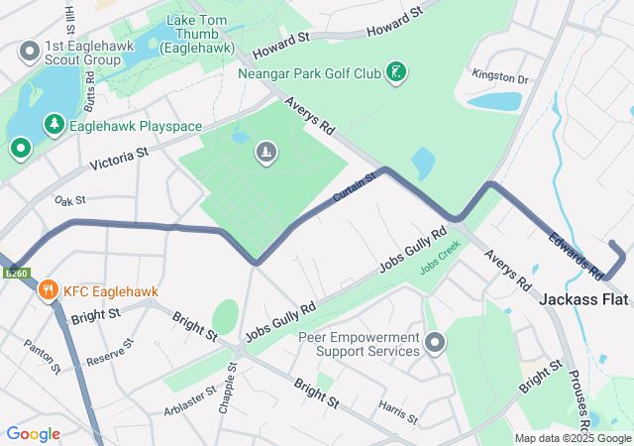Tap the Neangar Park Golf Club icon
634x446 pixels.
click(x=397, y=72)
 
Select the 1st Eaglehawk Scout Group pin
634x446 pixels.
click(x=30, y=50)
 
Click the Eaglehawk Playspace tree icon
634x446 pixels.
click(x=53, y=126)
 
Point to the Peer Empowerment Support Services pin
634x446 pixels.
click(x=435, y=344)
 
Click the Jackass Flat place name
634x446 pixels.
click(x=585, y=298)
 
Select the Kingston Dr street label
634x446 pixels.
click(x=501, y=76)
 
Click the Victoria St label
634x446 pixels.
click(x=118, y=160)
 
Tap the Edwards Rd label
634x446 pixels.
click(x=576, y=254)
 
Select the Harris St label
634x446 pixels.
click(x=397, y=407)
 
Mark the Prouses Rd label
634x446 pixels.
click(x=578, y=395)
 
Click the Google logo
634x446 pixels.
click(x=33, y=434)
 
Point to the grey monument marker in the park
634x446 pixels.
click(x=265, y=152)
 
